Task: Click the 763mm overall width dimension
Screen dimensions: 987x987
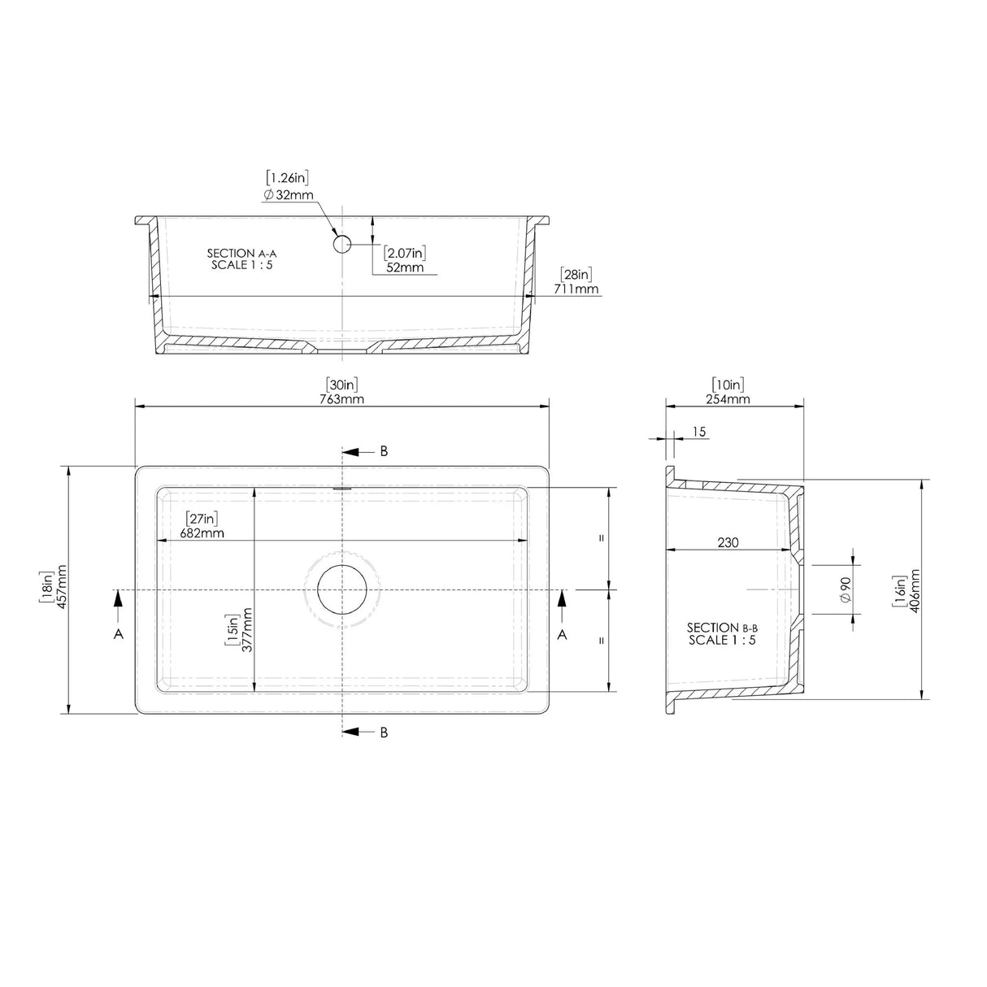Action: click(x=341, y=399)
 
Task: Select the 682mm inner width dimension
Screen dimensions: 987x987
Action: click(x=201, y=533)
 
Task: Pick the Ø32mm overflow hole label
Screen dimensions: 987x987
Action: click(x=289, y=195)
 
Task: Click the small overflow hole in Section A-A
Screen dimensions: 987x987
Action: click(x=341, y=241)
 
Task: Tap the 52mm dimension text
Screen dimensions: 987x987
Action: click(x=404, y=267)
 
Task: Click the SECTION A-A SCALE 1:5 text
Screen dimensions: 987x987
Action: click(x=242, y=259)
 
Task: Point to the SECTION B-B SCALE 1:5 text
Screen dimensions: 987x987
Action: click(x=722, y=633)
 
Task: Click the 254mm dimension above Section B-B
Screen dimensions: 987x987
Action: click(x=728, y=398)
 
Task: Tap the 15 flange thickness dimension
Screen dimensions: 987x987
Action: click(x=699, y=432)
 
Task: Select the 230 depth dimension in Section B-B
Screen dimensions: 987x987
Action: click(x=728, y=542)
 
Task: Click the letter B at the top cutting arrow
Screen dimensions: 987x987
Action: click(x=384, y=451)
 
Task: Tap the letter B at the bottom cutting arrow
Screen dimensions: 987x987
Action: click(x=384, y=733)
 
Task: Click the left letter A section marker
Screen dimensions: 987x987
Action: click(x=119, y=634)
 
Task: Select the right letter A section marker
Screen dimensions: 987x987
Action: click(x=562, y=634)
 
